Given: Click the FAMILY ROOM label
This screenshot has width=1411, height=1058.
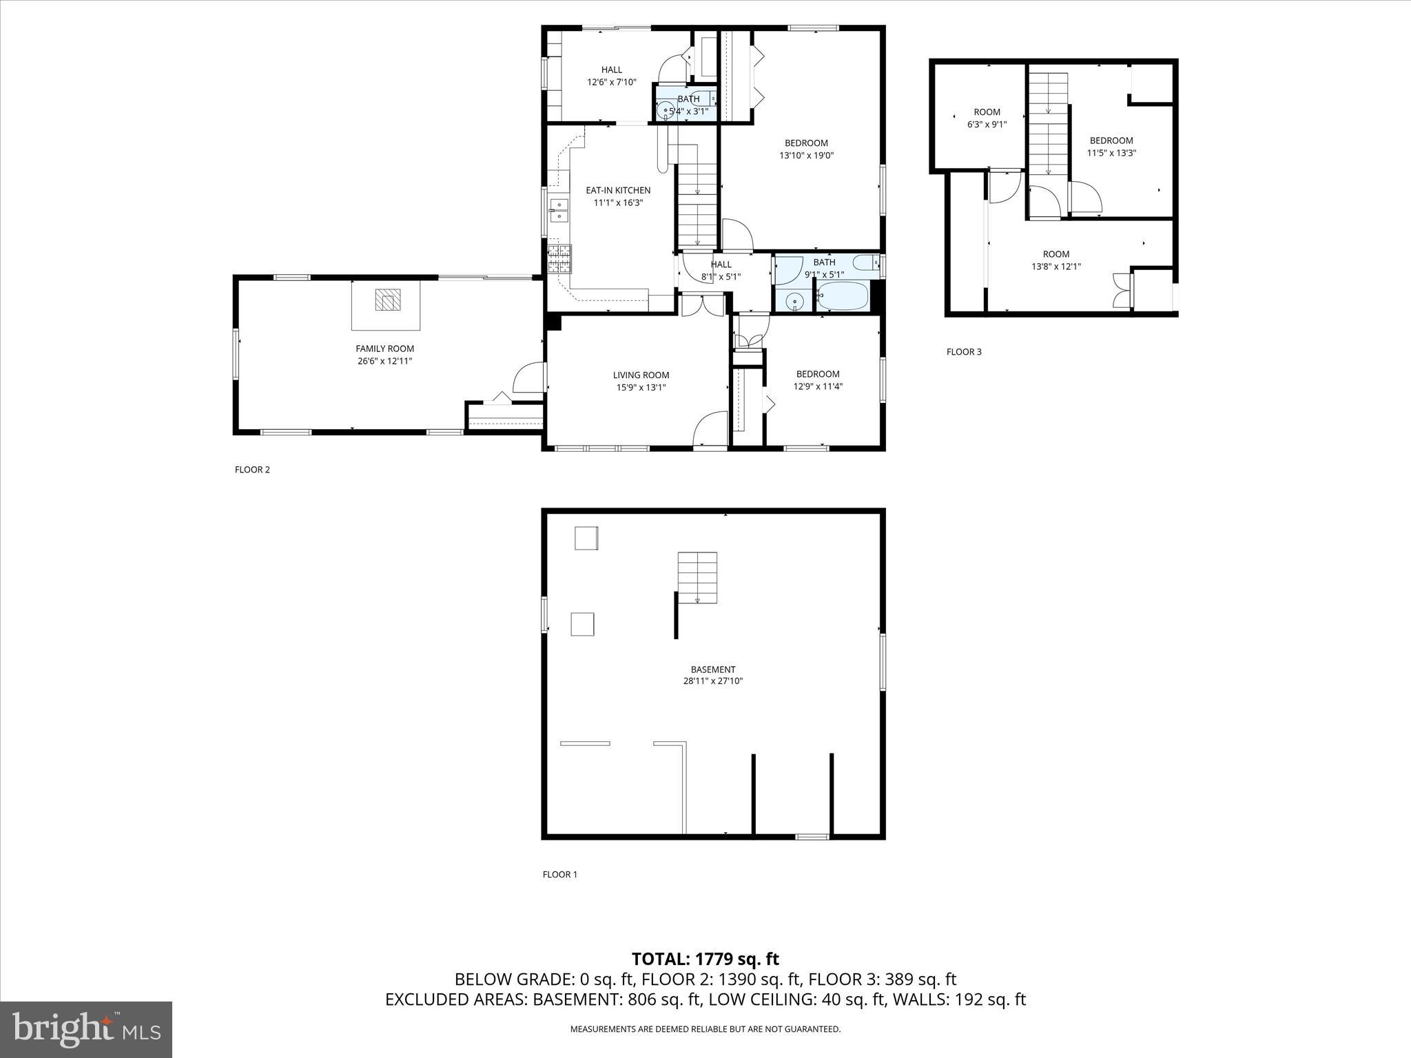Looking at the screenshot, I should tap(384, 349).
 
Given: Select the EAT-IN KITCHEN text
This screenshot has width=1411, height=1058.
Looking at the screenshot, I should tap(618, 191).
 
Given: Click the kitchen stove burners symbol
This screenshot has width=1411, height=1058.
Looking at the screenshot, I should tap(559, 258).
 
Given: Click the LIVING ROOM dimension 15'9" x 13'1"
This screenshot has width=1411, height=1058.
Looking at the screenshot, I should tap(641, 388).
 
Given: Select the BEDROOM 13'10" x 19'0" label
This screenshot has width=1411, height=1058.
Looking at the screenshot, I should tap(806, 143).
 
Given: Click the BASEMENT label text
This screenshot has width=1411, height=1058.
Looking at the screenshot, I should tap(713, 670).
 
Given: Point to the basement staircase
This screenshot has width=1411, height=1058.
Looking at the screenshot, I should tap(697, 577).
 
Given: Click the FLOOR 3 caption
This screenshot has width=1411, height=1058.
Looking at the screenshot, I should tap(964, 352).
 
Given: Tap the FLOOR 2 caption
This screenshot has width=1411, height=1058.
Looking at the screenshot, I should tap(252, 470).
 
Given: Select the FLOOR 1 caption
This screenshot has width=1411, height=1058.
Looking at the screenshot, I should tap(559, 875).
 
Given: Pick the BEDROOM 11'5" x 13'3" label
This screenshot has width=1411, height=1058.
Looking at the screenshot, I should tap(1111, 141).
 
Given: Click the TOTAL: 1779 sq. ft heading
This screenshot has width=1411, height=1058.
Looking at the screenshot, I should tap(705, 959).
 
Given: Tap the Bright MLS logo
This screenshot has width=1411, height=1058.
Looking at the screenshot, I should tap(86, 1029).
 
